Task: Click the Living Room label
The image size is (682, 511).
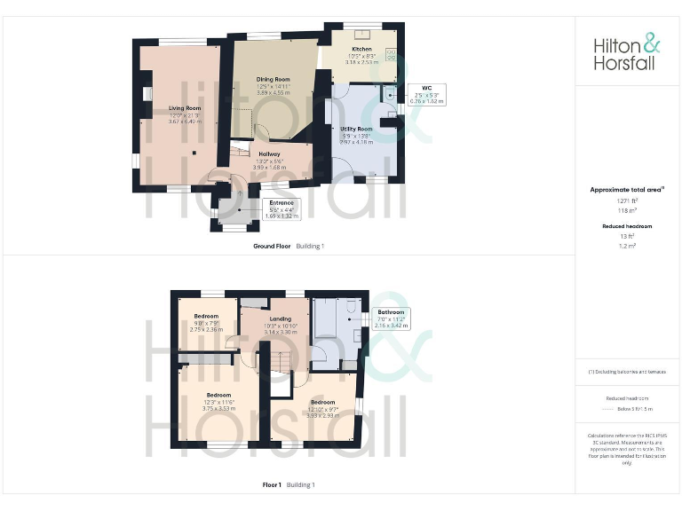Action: [185, 108]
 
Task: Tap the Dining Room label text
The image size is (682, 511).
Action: [274, 79]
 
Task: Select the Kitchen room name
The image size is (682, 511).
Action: [361, 49]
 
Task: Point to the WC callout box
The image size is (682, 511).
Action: [426, 95]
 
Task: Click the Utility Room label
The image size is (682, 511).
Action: [356, 129]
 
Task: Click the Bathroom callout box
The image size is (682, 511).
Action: [391, 318]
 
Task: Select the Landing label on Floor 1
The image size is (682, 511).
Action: [281, 318]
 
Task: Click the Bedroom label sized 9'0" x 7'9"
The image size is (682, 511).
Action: [208, 316]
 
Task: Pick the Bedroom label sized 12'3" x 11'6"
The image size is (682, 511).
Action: [218, 394]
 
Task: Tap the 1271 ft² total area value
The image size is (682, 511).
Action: [627, 200]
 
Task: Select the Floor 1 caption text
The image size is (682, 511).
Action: [272, 484]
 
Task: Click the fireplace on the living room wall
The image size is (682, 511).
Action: [147, 93]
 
